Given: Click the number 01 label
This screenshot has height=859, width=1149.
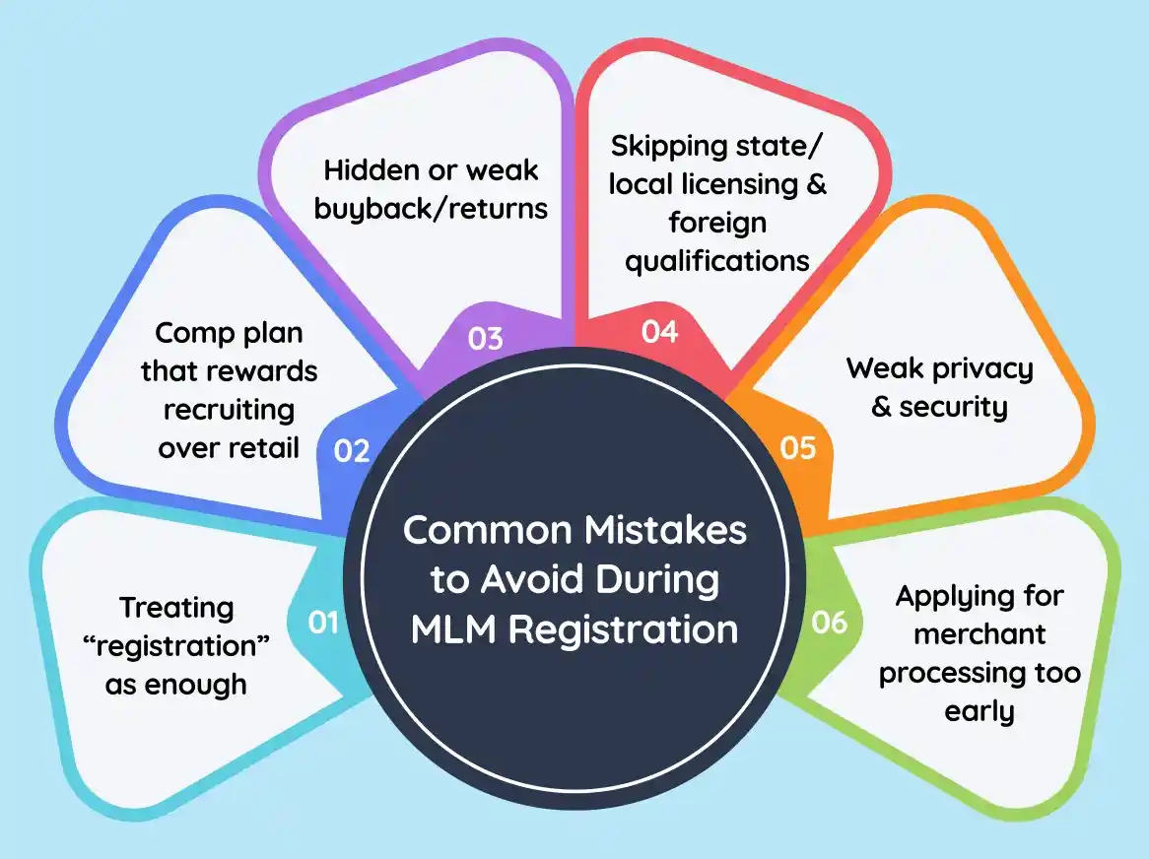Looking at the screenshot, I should [324, 623].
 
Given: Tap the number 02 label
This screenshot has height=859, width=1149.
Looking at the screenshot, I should [352, 450].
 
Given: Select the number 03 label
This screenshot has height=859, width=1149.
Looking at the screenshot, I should [485, 339].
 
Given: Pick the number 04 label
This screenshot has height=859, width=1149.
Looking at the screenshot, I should [659, 332].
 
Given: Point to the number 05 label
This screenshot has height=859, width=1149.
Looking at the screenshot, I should [798, 447].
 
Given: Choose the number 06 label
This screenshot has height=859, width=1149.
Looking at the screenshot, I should [829, 623].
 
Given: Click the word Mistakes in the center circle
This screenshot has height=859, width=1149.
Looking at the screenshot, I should [661, 530].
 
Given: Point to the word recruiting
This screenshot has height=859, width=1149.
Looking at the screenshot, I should [229, 409].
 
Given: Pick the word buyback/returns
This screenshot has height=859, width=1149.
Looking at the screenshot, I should [436, 209].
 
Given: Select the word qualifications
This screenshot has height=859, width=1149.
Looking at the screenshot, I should [717, 260].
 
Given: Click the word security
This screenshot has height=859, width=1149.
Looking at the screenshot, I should [953, 407].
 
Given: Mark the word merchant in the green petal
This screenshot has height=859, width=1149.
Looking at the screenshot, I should [980, 634].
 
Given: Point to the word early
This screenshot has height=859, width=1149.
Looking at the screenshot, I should [980, 711].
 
